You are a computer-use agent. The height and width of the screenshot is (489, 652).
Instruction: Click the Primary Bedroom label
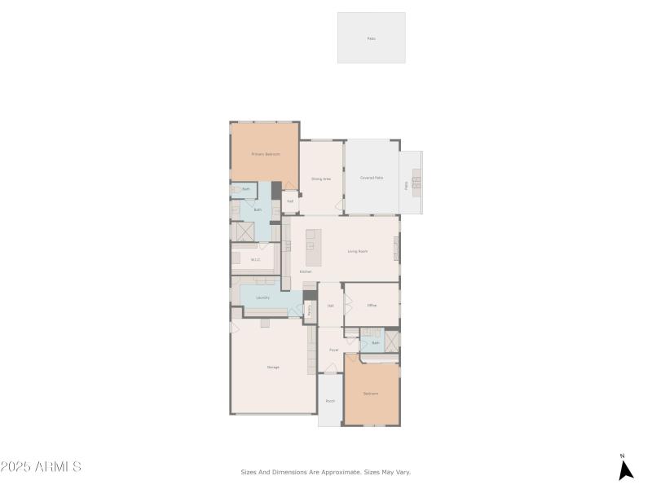266,154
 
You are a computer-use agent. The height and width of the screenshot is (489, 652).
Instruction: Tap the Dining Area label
321,178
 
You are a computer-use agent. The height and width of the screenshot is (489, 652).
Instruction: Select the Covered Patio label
372,178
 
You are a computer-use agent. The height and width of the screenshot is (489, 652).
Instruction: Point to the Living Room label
358,251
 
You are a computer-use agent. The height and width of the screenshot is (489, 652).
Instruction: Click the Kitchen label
306,271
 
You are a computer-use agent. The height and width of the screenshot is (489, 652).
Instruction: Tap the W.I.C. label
255,260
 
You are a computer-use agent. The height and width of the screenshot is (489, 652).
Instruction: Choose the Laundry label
262,297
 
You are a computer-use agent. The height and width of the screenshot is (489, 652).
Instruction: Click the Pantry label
310,310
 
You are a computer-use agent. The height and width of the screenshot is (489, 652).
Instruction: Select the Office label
372,305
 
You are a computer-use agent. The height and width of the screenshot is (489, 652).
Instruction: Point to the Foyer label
333,350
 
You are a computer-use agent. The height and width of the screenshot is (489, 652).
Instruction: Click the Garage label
273,367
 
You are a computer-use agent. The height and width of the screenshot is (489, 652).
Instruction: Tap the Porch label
330,401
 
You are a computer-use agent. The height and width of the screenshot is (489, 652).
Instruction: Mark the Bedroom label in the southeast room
371,394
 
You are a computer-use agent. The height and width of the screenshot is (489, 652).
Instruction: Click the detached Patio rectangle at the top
372,37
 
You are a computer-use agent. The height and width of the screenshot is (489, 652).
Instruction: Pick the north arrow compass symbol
625,469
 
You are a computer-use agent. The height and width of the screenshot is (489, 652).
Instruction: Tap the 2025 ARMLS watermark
41,467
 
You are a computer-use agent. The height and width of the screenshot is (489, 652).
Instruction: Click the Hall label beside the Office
331,305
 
